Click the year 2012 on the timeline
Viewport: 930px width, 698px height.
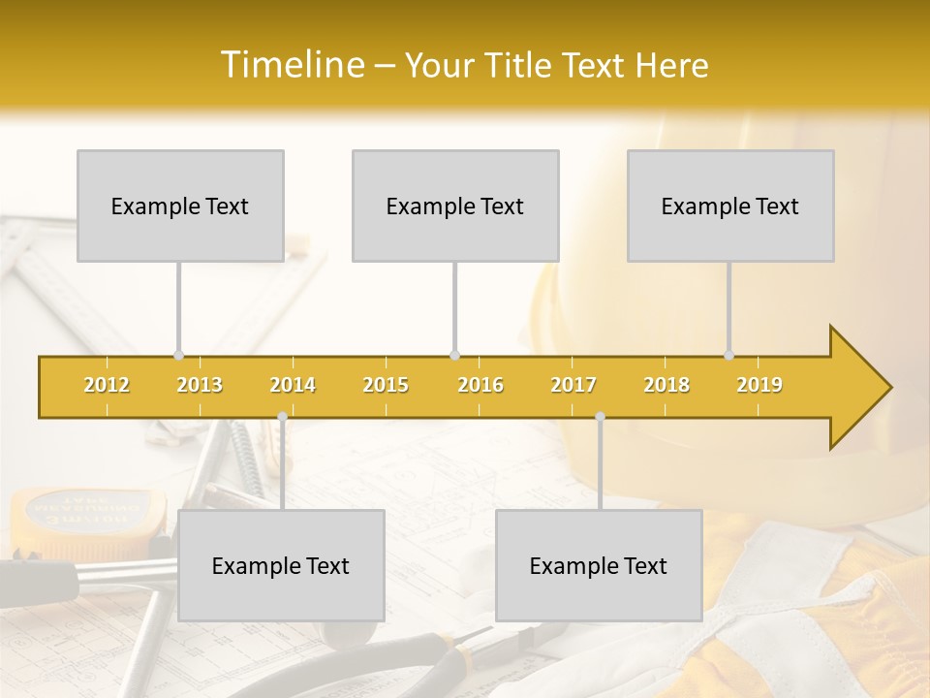click(107, 385)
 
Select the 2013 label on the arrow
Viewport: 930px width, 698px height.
click(200, 385)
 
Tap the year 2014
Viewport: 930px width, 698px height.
click(293, 385)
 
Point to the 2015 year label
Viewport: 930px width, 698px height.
click(386, 385)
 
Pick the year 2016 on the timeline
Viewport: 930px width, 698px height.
click(480, 385)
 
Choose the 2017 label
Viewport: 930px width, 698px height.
click(573, 385)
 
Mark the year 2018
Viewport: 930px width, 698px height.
click(666, 385)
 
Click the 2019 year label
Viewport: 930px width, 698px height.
click(759, 385)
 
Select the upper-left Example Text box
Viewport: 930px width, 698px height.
click(180, 206)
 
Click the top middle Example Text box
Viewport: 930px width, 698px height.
click(455, 206)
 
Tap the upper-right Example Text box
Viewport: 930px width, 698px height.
click(730, 206)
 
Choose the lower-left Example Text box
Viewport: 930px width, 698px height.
click(281, 565)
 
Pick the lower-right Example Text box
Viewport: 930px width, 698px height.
click(599, 565)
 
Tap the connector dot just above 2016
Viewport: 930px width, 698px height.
click(455, 356)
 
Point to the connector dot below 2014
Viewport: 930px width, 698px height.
click(282, 417)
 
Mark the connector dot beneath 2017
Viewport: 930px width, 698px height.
click(600, 417)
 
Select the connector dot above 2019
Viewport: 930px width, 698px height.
click(729, 356)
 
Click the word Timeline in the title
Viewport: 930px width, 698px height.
click(292, 65)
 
